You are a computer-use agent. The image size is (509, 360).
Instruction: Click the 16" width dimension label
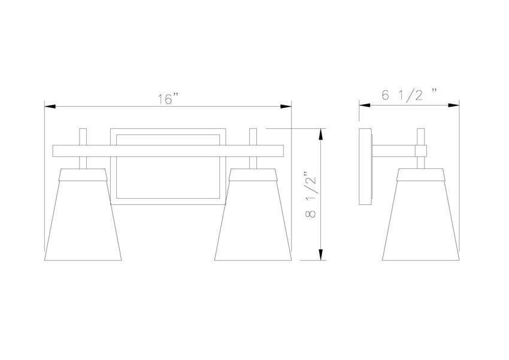point(168,99)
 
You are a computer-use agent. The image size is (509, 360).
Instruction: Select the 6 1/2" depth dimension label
point(409,95)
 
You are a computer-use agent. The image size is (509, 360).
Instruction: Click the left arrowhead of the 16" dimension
point(50,107)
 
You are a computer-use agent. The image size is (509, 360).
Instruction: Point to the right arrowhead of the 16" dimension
point(286,107)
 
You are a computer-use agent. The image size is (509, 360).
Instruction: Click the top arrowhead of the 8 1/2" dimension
point(321,134)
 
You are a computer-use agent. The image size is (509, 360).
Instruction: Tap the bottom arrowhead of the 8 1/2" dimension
point(321,255)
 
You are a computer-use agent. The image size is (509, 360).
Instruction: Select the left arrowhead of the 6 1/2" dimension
point(365,105)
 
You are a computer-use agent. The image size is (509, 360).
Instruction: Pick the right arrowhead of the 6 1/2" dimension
point(453,105)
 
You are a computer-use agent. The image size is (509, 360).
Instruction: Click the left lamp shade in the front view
point(83,214)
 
